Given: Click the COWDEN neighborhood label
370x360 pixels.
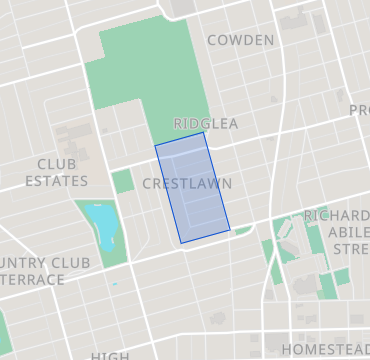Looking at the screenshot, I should (240, 40).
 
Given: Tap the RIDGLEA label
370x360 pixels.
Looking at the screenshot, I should (206, 123).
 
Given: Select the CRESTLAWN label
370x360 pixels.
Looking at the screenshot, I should (187, 184).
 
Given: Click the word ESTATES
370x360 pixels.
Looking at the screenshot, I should (57, 181).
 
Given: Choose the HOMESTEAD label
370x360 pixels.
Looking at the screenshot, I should (324, 349).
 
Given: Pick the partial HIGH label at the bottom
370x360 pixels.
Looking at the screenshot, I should (109, 355).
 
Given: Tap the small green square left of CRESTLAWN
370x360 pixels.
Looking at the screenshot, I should (122, 181).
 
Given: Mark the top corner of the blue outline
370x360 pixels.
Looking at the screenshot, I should (204, 132).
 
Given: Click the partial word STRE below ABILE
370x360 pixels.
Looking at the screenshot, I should (350, 248).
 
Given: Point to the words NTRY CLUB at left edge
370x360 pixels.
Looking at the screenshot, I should (45, 263).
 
